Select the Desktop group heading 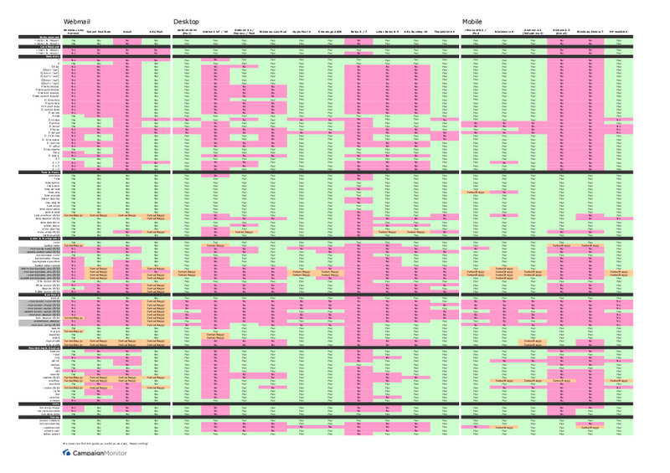coord(186,21)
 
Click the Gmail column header coord(127,30)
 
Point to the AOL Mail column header coord(156,30)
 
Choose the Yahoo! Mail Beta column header coord(99,30)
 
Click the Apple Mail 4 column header coord(301,30)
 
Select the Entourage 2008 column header coord(330,30)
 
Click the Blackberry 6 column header coord(504,30)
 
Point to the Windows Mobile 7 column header coord(590,30)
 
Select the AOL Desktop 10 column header coord(415,30)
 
